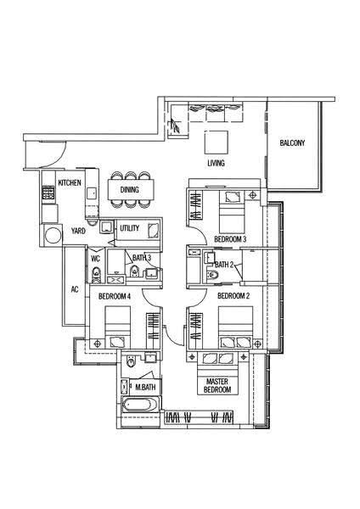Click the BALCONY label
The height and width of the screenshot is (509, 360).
coord(292,143)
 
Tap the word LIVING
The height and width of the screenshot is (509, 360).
coord(216,163)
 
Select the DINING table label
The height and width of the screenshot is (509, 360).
coord(130,189)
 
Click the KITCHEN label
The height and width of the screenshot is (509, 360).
coord(70,182)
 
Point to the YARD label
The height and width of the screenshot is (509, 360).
coord(78,231)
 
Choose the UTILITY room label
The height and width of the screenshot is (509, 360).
coord(130,228)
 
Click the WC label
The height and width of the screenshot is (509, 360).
coord(95,259)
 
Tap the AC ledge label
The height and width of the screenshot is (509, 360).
coord(75,289)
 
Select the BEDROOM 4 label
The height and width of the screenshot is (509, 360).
coord(115,296)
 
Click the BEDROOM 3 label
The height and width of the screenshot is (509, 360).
coord(230,239)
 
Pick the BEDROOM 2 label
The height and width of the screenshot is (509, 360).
coord(233,296)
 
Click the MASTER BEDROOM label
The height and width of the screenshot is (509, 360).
coord(217,386)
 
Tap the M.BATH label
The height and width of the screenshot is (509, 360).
coord(145,387)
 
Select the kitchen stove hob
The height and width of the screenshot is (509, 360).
coord(48,193)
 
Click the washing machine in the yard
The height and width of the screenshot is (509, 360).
coord(53,235)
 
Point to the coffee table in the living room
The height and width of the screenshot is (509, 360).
coord(216,143)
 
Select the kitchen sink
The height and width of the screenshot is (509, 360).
coord(92,193)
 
